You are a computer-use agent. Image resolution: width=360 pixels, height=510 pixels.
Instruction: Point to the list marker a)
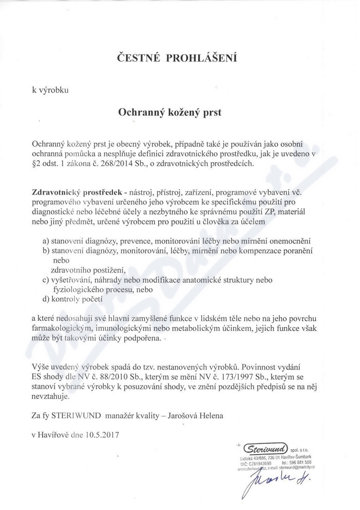pyautogui.click(x=46, y=241)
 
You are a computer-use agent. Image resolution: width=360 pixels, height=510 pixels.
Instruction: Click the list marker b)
pyautogui.click(x=46, y=251)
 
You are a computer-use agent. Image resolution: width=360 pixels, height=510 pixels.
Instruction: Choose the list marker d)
pyautogui.click(x=46, y=300)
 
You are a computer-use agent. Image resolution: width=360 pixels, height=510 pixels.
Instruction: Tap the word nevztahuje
pyautogui.click(x=51, y=396)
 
